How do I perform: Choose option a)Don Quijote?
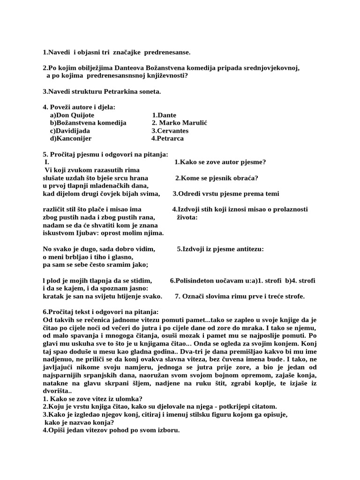pyautogui.click(x=72, y=115)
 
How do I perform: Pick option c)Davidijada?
pyautogui.click(x=70, y=131)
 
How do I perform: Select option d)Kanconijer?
pyautogui.click(x=71, y=139)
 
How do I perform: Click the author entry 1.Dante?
pyautogui.click(x=164, y=115)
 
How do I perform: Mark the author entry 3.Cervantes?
pyautogui.click(x=170, y=131)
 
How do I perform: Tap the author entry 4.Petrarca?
pyautogui.click(x=167, y=139)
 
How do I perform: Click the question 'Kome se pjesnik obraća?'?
pyautogui.click(x=217, y=178)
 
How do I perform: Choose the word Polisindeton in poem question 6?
pyautogui.click(x=195, y=280)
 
